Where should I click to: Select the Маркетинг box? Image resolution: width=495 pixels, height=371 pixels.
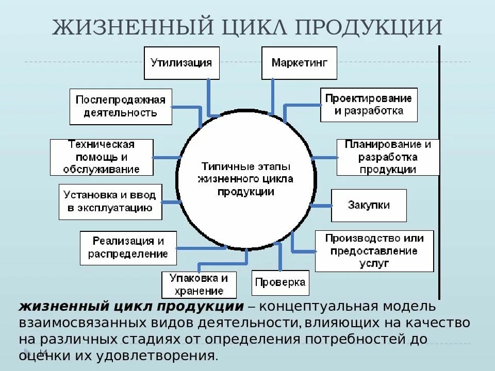coord(299,63)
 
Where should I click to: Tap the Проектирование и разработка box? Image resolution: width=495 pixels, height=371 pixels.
coord(369,105)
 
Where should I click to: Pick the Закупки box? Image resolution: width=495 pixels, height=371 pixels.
coord(369,205)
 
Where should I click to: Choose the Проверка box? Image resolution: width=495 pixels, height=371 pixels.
coord(280,282)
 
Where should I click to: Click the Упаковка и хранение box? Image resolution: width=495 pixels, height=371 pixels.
coord(199,284)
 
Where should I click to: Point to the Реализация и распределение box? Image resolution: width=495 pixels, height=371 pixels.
coord(128,247)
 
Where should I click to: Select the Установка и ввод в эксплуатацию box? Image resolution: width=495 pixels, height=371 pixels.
coord(110,201)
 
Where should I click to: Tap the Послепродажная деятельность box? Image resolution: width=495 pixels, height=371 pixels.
coord(121,106)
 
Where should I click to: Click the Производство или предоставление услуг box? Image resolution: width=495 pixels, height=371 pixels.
coord(374,251)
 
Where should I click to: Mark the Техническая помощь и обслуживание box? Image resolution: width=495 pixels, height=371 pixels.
coord(102,157)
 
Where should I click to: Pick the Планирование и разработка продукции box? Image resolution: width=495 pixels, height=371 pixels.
coord(388,157)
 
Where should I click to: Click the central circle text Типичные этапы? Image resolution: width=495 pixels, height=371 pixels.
coord(245,167)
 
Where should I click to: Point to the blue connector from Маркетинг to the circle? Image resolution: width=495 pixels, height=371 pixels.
coord(271,98)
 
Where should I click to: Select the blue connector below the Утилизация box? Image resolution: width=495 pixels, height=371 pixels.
coord(209,98)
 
